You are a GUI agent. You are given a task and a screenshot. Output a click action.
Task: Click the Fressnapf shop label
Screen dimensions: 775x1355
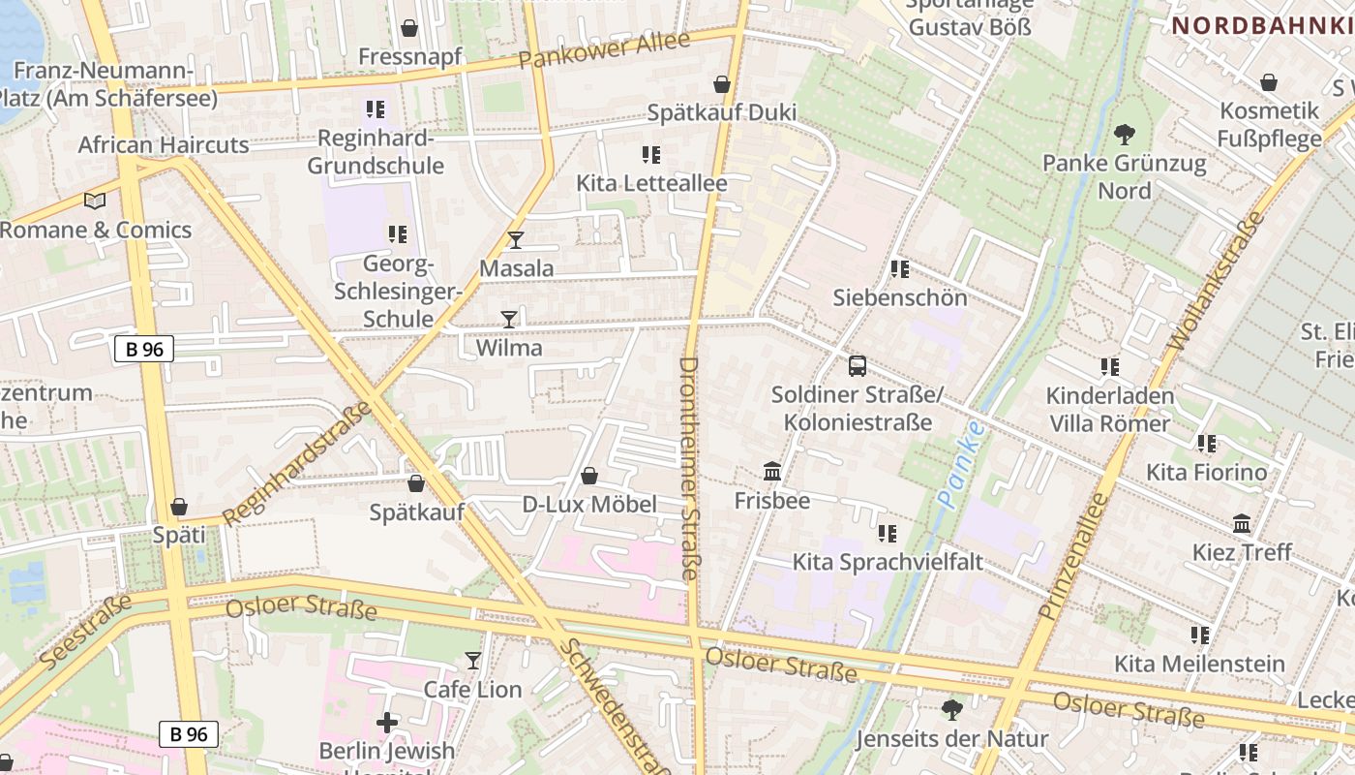[x=410, y=56]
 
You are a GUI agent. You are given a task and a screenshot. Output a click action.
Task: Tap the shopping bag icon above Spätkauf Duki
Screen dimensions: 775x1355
[x=721, y=84]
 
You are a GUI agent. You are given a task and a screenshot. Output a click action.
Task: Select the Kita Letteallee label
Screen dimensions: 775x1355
[x=651, y=182]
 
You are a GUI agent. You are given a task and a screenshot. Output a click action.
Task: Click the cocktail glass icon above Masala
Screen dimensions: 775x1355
[x=515, y=240]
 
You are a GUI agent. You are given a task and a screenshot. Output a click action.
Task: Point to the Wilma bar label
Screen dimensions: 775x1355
[x=509, y=348]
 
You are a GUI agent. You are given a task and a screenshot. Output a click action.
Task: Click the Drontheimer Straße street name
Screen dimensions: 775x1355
[x=689, y=469]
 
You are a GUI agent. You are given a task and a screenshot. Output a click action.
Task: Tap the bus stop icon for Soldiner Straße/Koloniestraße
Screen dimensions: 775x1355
[x=857, y=366]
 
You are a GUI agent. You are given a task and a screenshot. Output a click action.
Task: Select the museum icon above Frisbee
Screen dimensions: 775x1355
[x=772, y=472]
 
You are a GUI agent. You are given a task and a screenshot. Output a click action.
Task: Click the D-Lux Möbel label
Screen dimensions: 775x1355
[x=589, y=504]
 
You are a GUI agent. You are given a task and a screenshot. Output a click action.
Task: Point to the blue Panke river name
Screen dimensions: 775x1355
[x=960, y=464]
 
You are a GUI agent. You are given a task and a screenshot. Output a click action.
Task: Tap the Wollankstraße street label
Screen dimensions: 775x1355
[x=1217, y=280]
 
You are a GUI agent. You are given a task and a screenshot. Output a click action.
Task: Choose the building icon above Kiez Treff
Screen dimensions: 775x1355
[x=1242, y=524]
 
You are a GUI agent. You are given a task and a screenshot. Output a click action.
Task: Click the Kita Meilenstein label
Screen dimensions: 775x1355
[x=1199, y=664]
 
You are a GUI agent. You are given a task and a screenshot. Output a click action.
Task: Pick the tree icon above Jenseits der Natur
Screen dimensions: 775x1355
[x=951, y=710]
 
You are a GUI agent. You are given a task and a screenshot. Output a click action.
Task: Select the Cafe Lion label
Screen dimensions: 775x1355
[x=473, y=690]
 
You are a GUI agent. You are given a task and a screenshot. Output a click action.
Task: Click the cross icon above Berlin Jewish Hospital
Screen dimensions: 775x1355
[x=387, y=723]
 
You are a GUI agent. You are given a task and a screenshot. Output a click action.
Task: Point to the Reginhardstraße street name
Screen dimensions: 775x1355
[x=297, y=463]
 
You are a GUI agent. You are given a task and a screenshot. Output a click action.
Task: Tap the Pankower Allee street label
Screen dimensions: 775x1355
[x=604, y=49]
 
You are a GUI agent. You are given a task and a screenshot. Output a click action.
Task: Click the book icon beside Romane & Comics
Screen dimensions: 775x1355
[x=95, y=201]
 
